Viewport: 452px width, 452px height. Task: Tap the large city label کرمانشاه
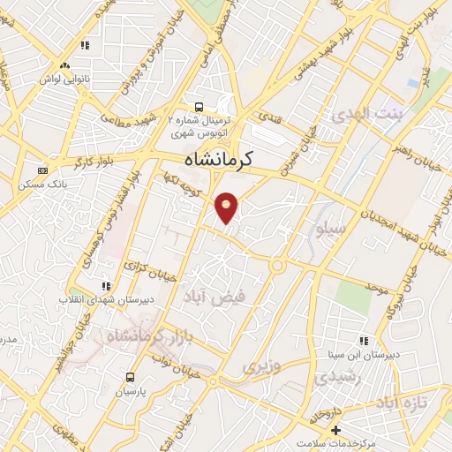[x=219, y=160]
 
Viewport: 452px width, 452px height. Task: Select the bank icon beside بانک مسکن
[x=41, y=170]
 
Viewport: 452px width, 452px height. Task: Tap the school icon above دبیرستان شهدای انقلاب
[x=107, y=286]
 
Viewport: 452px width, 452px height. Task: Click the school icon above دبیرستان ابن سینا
[x=365, y=340]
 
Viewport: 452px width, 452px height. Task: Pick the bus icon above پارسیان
[x=131, y=375]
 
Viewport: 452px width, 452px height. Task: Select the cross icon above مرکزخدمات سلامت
[x=335, y=429]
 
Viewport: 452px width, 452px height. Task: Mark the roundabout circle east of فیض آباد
[x=278, y=264]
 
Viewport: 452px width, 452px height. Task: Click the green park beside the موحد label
[x=353, y=296]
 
